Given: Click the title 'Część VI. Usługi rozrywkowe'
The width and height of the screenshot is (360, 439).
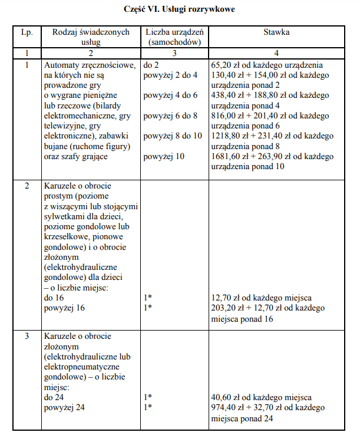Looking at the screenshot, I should click(x=180, y=10).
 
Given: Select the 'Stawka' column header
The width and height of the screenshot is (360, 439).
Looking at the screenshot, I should click(x=276, y=32).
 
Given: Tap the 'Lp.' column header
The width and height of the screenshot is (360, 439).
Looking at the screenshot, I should click(x=27, y=32).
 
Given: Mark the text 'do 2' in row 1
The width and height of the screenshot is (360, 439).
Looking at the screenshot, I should click(x=151, y=65).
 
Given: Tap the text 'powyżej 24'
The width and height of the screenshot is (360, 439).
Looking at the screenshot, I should click(x=62, y=408).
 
